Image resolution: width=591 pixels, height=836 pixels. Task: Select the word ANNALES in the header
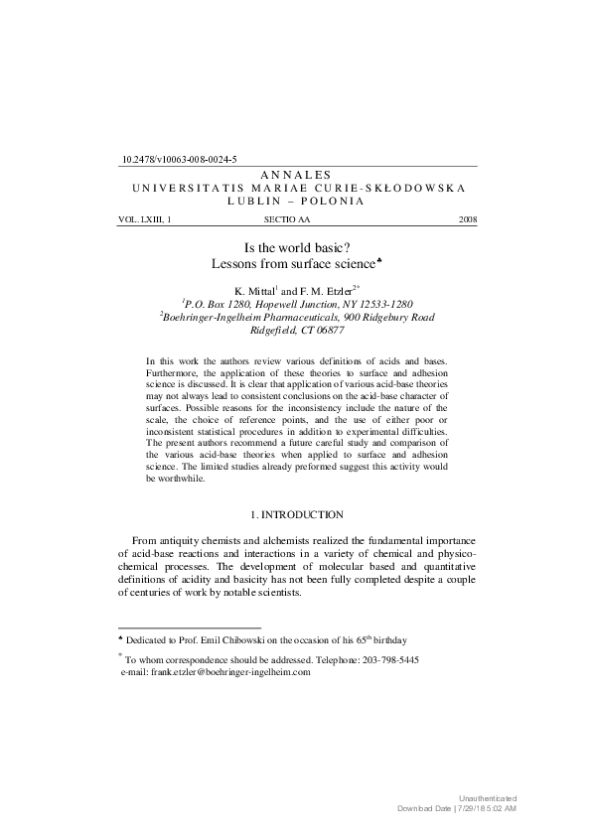(295, 174)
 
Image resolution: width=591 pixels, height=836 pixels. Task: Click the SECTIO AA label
(287, 218)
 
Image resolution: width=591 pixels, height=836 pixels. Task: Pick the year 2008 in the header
(468, 218)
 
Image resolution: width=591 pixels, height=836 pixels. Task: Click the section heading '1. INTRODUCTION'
(296, 514)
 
